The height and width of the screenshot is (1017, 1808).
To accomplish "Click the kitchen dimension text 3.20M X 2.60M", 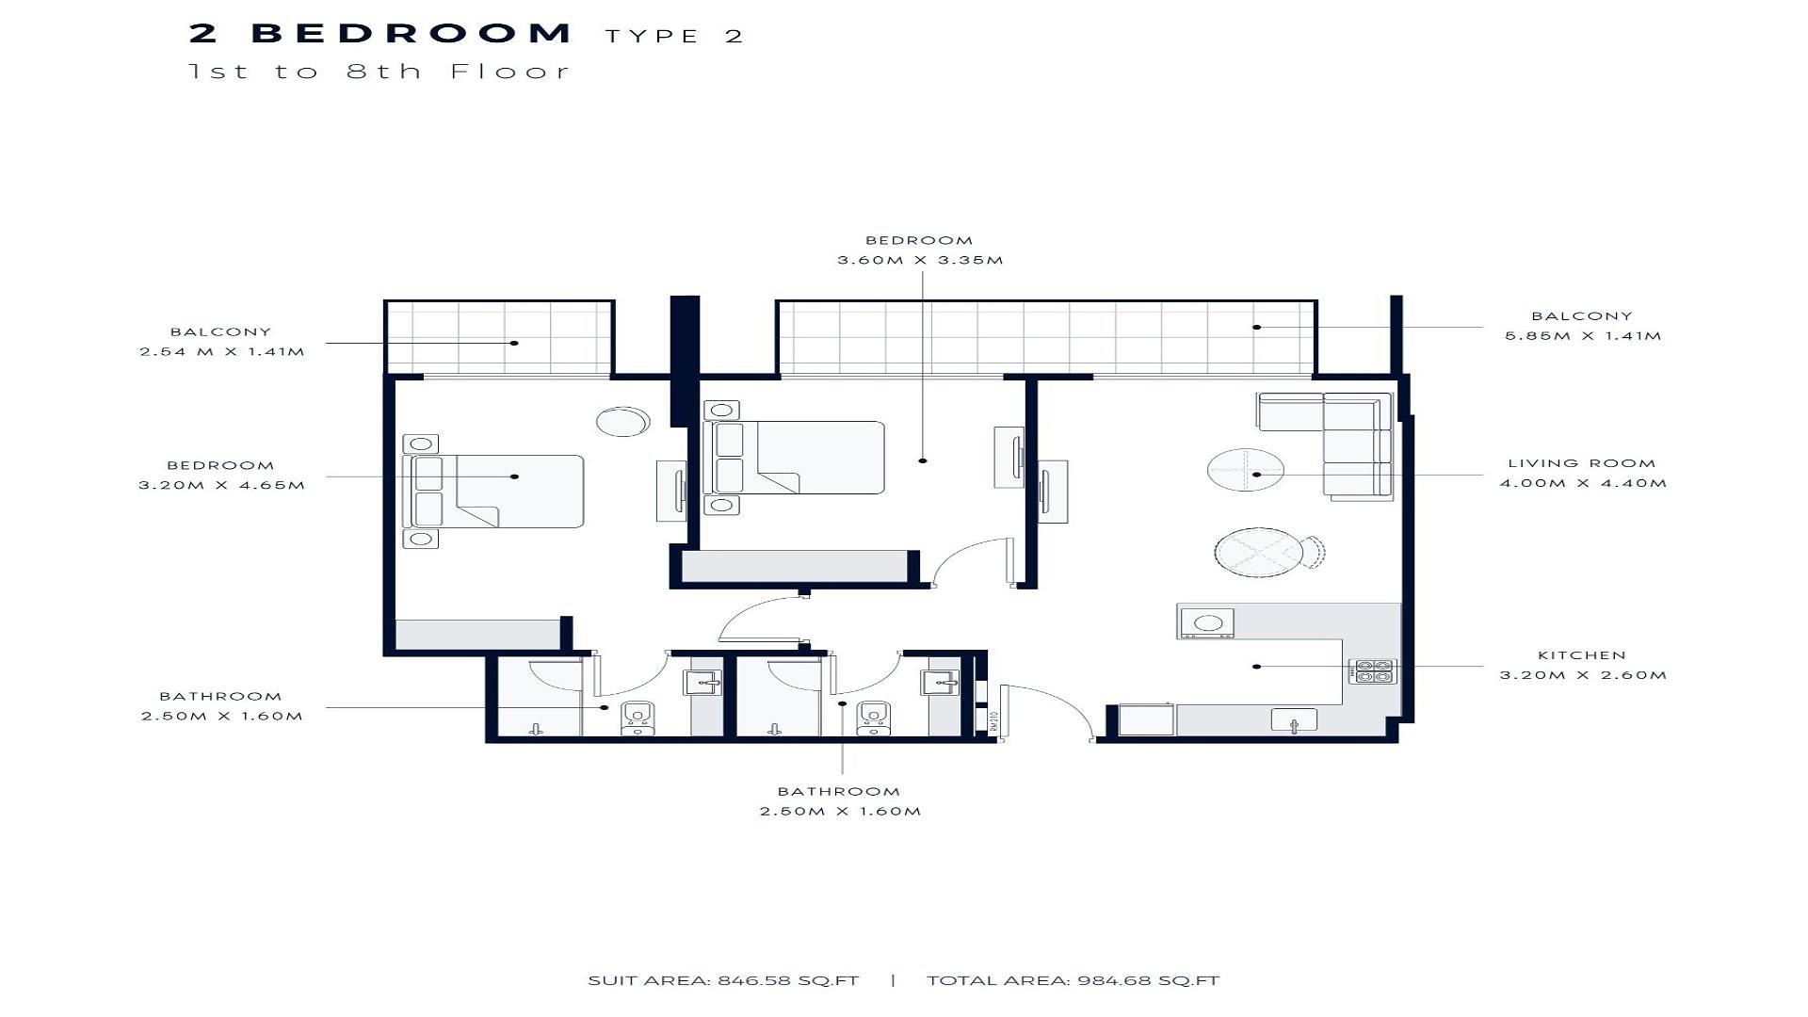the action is tap(1583, 675).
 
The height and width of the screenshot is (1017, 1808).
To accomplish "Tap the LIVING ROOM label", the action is tap(1582, 463).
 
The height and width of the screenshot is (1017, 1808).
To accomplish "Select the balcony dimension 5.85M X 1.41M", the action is tap(1583, 336).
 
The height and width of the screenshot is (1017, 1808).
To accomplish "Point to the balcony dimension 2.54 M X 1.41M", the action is tap(222, 352).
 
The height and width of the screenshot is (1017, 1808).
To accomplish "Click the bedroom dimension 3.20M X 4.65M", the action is tap(222, 486).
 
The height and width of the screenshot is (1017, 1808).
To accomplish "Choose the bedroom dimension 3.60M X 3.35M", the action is tap(920, 260).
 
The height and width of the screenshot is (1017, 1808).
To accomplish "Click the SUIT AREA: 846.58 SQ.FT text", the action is tap(723, 980).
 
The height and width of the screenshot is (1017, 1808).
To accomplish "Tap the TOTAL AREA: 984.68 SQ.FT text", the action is tap(1073, 980).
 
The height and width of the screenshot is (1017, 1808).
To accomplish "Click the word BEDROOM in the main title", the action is tap(411, 34).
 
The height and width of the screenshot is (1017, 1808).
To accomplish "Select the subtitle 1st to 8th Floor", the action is tap(379, 72).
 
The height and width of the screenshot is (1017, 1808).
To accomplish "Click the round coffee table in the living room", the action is tap(1246, 469).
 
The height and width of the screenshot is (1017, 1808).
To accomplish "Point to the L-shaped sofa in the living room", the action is tap(1337, 443).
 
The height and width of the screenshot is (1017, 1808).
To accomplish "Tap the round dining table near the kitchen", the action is tap(1259, 553).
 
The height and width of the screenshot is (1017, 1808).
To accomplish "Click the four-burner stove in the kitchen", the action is tap(1372, 670).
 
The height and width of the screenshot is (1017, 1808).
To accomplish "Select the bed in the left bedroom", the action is tap(493, 491).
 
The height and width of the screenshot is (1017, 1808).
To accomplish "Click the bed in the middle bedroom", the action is tap(794, 458).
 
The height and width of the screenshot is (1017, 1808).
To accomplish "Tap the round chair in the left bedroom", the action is tap(622, 421).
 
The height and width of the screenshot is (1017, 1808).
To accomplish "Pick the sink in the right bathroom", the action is tap(941, 682).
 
